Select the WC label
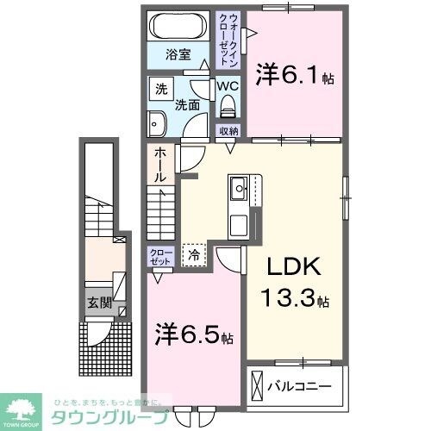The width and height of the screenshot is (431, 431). click(x=227, y=86)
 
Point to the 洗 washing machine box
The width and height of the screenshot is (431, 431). click(x=160, y=89)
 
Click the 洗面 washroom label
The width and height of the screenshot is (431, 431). click(x=187, y=105)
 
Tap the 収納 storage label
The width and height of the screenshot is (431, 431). click(x=228, y=131)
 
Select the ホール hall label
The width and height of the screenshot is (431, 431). click(x=161, y=164)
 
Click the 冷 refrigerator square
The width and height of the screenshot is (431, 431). click(x=194, y=255)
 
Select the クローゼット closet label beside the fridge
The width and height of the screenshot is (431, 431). click(x=159, y=256)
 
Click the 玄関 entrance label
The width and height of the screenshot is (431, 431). click(x=98, y=303)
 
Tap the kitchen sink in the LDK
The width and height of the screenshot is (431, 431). click(x=238, y=185)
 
